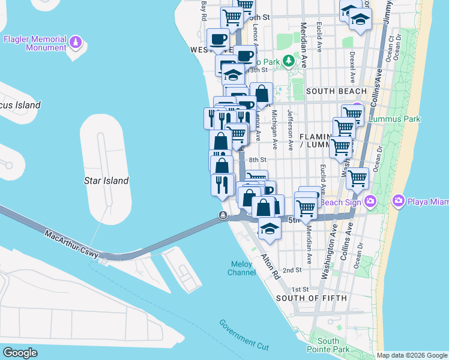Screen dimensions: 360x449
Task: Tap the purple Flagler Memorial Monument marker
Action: pos(76,42)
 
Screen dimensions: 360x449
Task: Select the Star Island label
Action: pos(106,181)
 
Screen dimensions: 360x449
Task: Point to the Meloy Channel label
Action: pos(242,268)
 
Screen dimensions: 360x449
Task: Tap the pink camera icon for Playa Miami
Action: pos(397,200)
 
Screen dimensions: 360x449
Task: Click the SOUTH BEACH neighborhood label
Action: pos(336,91)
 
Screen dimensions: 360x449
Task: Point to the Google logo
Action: pos(20,352)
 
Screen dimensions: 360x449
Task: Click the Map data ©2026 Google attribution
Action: pos(412,355)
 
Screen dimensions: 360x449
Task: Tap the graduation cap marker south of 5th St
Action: pos(270,229)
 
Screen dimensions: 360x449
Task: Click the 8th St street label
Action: pos(257,160)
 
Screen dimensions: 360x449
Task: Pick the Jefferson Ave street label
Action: pos(291,129)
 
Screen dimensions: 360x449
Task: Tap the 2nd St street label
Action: pos(292,271)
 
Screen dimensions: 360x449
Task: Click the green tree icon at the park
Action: pos(289,60)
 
